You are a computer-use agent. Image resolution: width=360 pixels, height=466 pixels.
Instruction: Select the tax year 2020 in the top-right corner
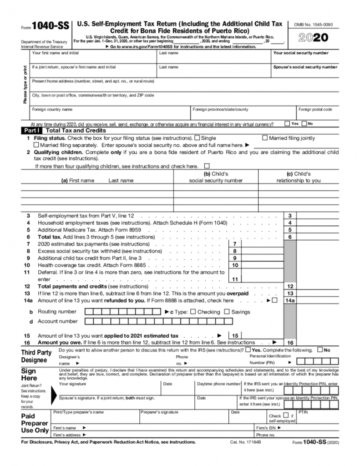click(314, 38)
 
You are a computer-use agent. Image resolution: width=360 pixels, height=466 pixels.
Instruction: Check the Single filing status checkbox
click(197, 138)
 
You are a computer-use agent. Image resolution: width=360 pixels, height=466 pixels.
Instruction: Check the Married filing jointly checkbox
click(265, 138)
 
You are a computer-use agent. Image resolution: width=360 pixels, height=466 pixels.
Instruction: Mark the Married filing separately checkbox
click(36, 145)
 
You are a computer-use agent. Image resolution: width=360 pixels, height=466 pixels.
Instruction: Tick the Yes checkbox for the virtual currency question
click(287, 123)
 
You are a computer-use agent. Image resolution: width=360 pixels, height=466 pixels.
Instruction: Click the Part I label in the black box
click(32, 130)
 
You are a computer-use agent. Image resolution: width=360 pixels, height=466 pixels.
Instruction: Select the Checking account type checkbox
click(193, 312)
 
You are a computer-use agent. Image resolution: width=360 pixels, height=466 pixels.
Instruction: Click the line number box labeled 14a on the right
click(289, 300)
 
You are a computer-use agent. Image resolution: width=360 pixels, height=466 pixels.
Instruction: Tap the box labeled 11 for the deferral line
click(235, 279)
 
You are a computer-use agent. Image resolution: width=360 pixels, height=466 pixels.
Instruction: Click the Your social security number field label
click(300, 53)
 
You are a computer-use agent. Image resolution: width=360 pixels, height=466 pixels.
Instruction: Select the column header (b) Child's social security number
click(216, 177)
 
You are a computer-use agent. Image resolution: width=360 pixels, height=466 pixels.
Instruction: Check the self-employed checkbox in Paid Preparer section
click(285, 415)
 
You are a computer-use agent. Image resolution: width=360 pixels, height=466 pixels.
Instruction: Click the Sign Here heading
click(29, 375)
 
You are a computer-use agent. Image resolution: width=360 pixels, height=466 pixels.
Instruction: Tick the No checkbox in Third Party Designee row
click(320, 350)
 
